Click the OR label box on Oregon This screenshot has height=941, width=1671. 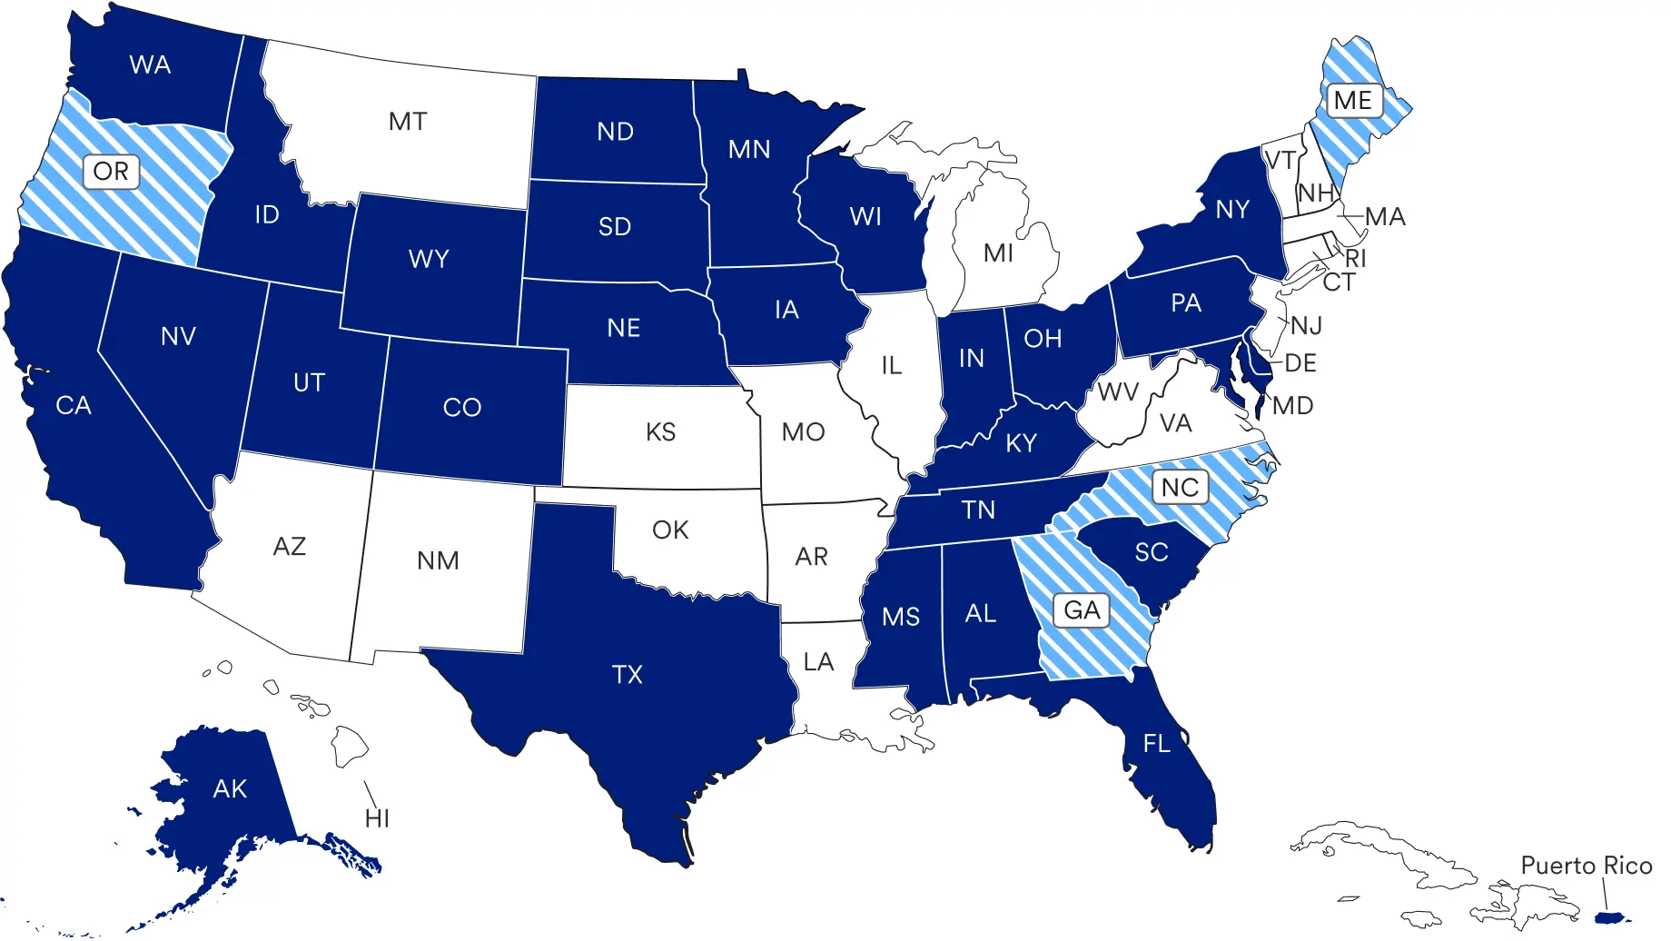(x=111, y=171)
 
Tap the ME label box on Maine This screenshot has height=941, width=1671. (x=1352, y=100)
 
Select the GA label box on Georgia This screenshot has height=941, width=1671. (x=1082, y=609)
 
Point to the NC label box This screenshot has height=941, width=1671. (x=1180, y=487)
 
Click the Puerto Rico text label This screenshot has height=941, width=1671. (x=1586, y=866)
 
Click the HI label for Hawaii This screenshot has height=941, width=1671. (x=377, y=818)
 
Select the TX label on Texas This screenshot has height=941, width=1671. (x=628, y=674)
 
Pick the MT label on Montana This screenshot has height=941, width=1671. (x=407, y=121)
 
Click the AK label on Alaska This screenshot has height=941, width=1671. (x=230, y=788)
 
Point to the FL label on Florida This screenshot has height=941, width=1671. (x=1156, y=744)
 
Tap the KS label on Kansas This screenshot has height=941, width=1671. (x=660, y=431)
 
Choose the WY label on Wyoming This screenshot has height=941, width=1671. (x=429, y=259)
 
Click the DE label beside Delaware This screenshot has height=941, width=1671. (x=1300, y=363)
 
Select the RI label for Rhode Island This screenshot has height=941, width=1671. (x=1355, y=258)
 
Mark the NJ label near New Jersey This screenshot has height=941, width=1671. (x=1306, y=325)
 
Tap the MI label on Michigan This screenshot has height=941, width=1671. (x=998, y=253)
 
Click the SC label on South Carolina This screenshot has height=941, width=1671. (x=1151, y=551)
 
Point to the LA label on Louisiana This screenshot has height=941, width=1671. (x=817, y=661)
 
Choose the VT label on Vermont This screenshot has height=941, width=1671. (x=1280, y=161)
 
